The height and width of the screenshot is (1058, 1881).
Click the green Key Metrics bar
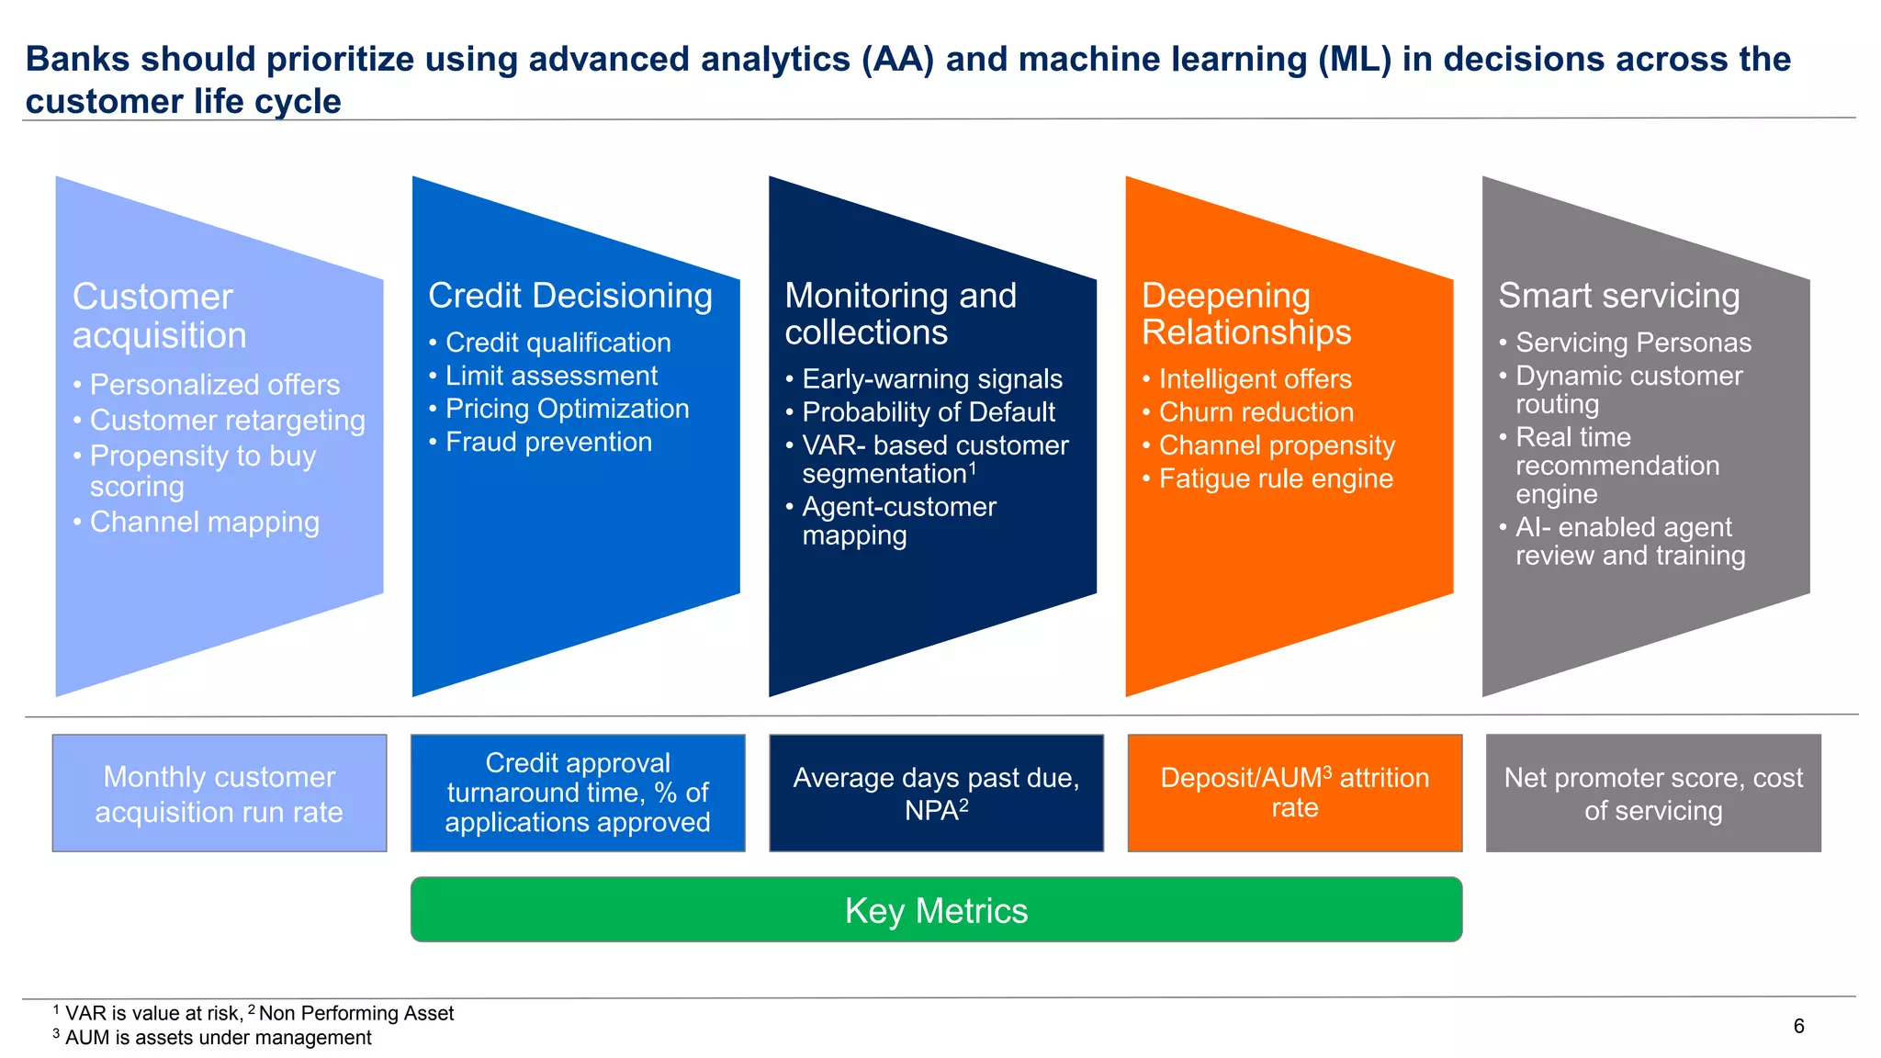coord(936,910)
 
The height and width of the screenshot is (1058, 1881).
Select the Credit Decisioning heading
coord(569,296)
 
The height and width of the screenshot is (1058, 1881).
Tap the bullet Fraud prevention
coord(548,442)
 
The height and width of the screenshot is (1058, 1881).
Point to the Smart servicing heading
coord(1618,296)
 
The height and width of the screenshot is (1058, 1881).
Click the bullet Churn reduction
coord(1256,412)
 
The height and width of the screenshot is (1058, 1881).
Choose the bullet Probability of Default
coord(928,412)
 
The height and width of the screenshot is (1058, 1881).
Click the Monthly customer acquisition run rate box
coord(220,793)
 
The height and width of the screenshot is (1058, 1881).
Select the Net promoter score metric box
coord(1653,793)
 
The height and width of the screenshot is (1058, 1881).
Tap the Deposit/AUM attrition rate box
coord(1294,793)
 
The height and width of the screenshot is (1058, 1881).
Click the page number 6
coord(1798,1026)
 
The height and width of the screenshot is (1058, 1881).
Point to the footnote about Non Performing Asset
coord(355,1013)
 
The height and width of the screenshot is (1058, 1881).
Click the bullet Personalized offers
coord(214,385)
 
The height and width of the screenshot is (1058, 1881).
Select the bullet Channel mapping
coord(204,522)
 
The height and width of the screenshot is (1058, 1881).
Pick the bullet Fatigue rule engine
coord(1275,478)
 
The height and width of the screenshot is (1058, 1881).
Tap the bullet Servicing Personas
coord(1633,343)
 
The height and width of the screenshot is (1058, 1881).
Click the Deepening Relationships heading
coord(1245,314)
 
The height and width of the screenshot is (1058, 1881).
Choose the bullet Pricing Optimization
coord(567,409)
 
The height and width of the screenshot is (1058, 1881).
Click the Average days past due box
coord(936,793)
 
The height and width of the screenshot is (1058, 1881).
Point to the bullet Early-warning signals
coord(931,379)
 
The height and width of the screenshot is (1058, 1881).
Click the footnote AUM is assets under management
coord(218,1038)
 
